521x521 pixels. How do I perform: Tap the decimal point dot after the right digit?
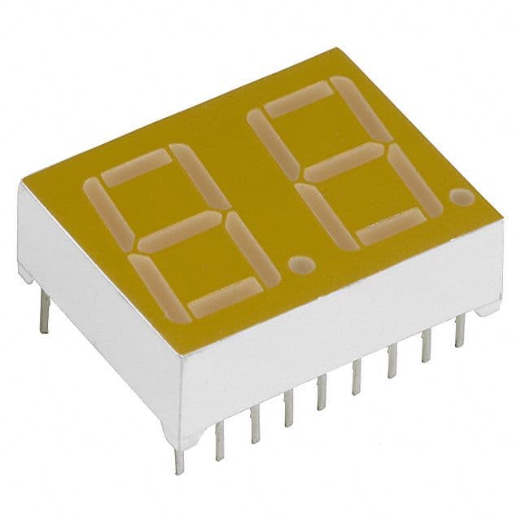pyautogui.click(x=461, y=197)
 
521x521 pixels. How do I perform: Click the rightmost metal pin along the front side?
pyautogui.click(x=460, y=330)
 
